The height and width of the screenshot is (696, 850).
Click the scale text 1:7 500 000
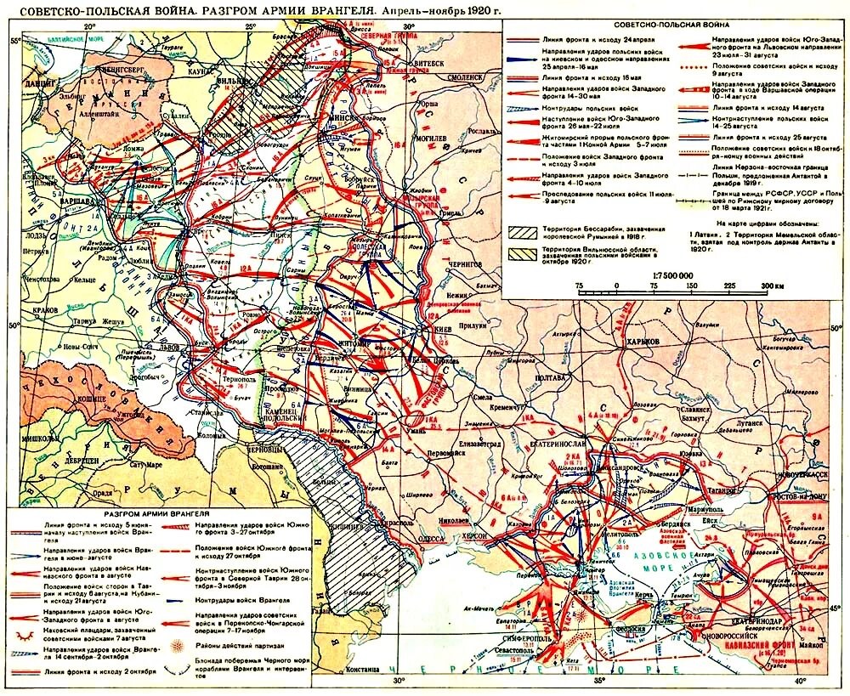point(670,276)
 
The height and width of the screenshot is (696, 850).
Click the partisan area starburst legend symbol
point(179,645)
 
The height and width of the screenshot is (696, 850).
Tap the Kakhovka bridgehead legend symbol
point(27,632)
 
